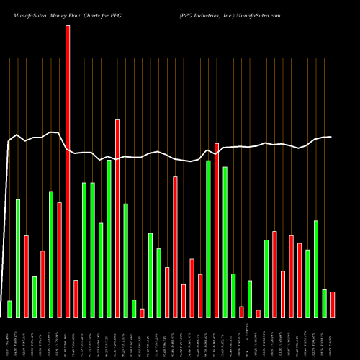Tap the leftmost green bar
pyautogui.click(x=9, y=309)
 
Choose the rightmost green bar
pyautogui.click(x=325, y=303)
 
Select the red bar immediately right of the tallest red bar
pyautogui.click(x=76, y=299)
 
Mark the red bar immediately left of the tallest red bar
pyautogui.click(x=59, y=260)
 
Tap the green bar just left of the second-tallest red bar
pyautogui.click(x=109, y=238)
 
